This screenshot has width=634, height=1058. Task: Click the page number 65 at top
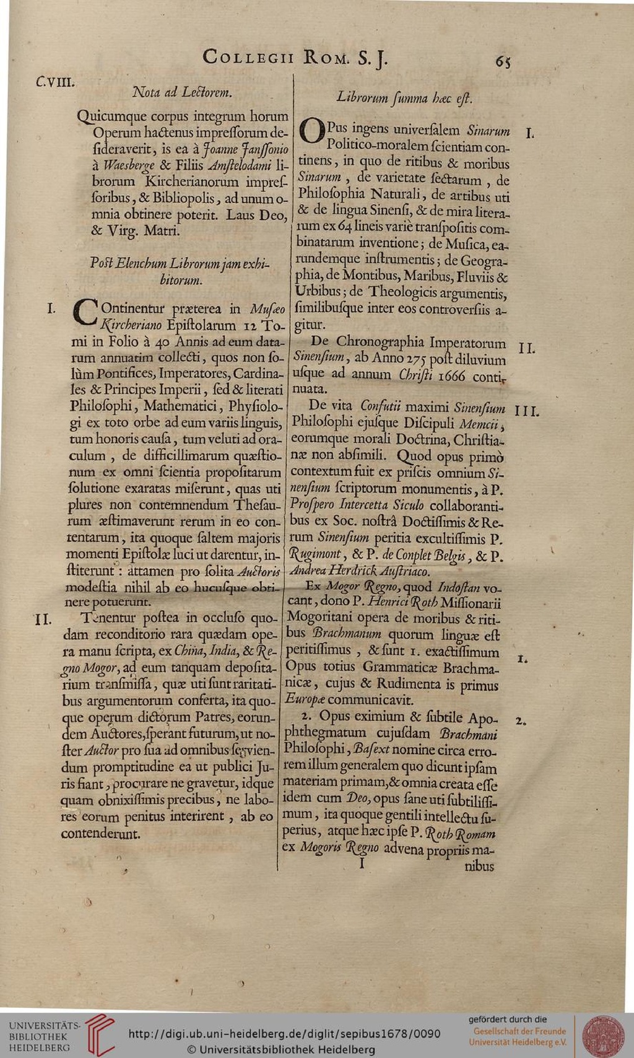[502, 61]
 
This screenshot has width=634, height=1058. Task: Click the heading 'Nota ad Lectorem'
[182, 93]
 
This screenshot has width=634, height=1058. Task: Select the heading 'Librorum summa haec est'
[404, 98]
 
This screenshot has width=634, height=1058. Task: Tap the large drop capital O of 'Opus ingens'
[311, 132]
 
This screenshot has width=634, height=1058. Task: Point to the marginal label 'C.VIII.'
[55, 81]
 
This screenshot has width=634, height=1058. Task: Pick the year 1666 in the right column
[451, 375]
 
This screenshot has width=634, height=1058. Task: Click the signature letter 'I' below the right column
[363, 862]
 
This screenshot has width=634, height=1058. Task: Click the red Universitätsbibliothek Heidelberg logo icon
[99, 1034]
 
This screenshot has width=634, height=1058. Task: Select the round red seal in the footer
[602, 1035]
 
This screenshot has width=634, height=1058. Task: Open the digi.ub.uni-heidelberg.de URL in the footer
[284, 1033]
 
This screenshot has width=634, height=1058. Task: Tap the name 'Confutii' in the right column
[381, 406]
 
